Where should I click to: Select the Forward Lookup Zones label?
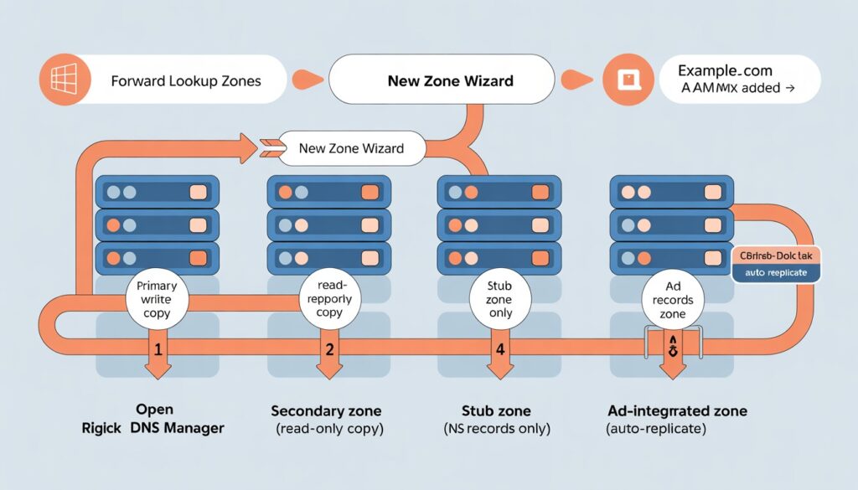coord(185,81)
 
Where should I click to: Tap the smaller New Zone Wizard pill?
coord(351,148)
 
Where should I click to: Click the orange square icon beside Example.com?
coord(628,80)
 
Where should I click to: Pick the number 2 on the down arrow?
coord(329,349)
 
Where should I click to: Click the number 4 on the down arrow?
coord(499,349)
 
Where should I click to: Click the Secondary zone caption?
coord(326,411)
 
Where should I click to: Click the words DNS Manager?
coord(183,429)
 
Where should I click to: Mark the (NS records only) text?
coord(497,429)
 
